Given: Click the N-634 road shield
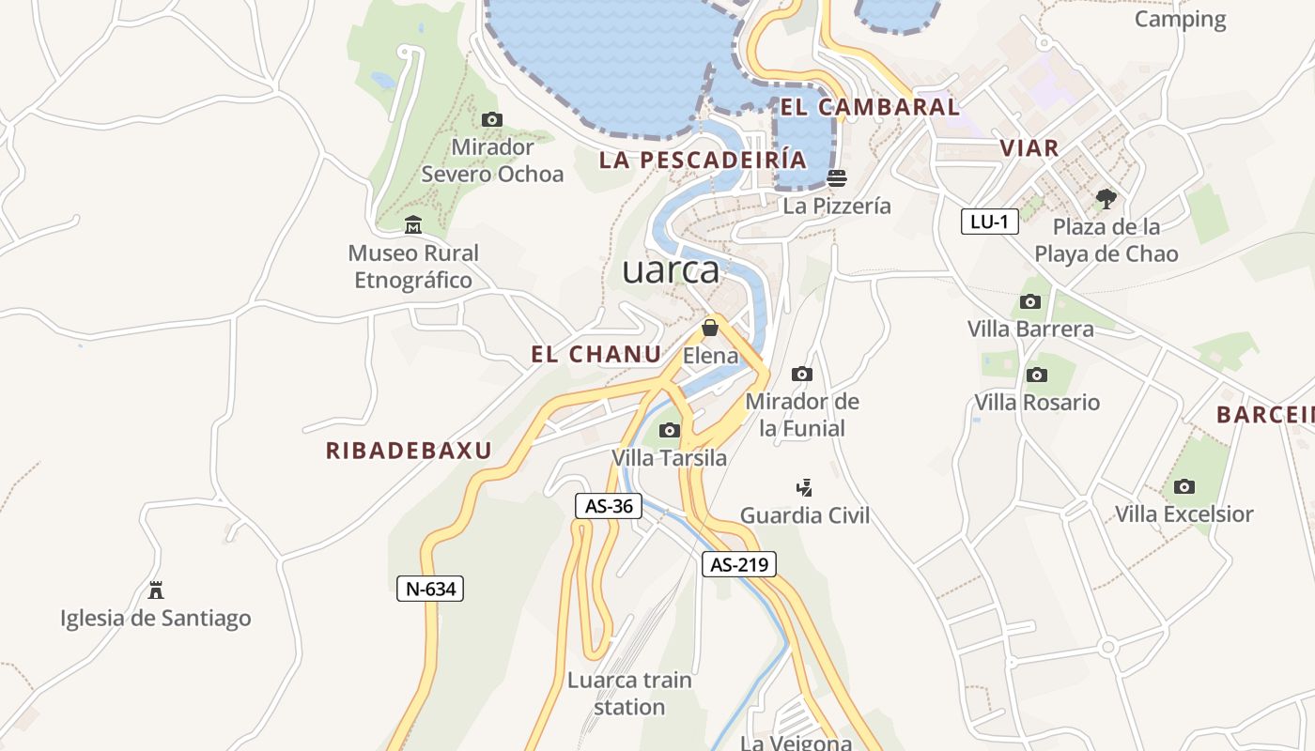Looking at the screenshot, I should click(430, 589).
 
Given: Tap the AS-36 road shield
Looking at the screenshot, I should click(609, 506).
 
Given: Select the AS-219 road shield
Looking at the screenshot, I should click(739, 564).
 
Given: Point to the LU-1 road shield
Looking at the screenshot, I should click(990, 222).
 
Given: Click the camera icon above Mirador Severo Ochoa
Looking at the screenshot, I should click(491, 119).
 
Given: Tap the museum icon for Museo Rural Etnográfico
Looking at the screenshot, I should click(413, 225).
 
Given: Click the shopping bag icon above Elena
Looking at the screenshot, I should click(710, 328).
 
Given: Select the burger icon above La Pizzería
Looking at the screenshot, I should click(836, 177).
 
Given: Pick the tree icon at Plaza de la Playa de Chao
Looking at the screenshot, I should click(1106, 199).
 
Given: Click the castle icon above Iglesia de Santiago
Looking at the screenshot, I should click(156, 590).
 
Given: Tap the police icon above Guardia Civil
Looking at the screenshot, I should click(804, 487).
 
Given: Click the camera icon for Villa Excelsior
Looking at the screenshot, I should click(1184, 486).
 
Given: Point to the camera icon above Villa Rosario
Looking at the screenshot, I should click(1037, 375).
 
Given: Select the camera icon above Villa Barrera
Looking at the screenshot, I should click(1030, 301).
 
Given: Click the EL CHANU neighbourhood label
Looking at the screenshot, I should click(596, 354).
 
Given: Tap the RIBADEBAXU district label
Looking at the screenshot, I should click(409, 451).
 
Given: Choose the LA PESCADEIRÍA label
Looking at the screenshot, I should click(703, 160).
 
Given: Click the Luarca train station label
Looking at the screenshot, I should click(629, 693).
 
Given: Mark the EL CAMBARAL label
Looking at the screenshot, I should click(870, 107).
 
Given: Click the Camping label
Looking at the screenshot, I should click(1180, 19).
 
